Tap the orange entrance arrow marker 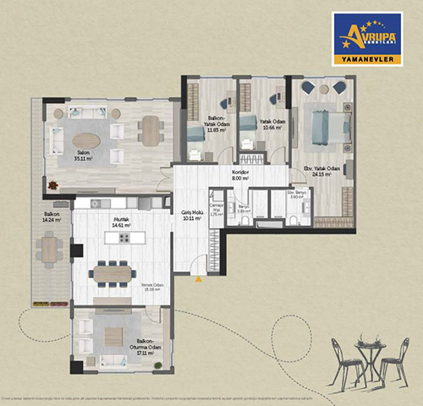click(x=196, y=277)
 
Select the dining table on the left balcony click(x=49, y=249)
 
